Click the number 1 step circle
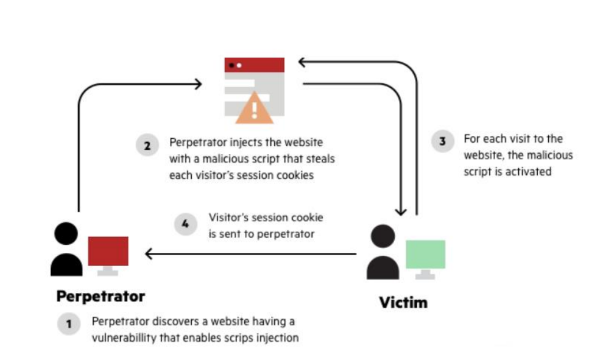coord(69,324)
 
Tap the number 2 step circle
coord(147,146)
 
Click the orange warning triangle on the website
coord(255,110)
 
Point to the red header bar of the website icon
coord(255,65)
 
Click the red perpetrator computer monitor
coord(108,251)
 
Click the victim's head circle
coord(383,236)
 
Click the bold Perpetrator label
coord(101,297)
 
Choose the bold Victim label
coord(403,302)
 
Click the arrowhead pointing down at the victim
coord(401,211)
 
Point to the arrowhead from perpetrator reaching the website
coord(198,84)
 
